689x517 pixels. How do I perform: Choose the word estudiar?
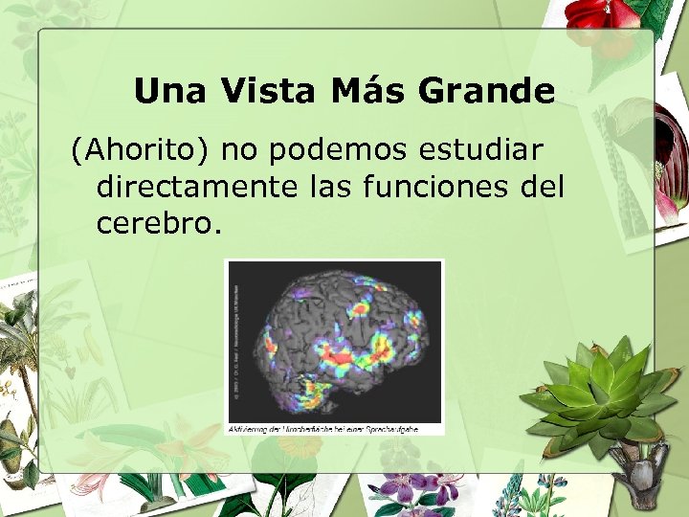point(488,150)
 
